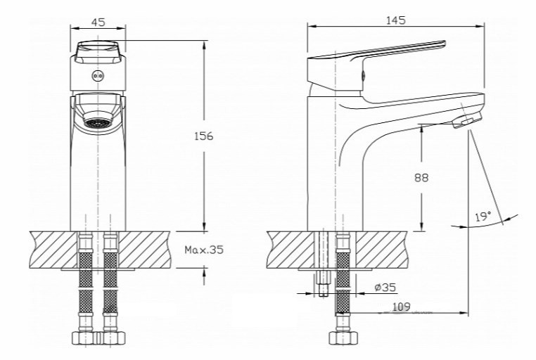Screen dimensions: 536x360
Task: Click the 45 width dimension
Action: coord(98,22)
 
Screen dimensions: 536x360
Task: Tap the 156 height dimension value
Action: coord(203,136)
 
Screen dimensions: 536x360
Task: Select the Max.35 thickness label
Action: coord(204,250)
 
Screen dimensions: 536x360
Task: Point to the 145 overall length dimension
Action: coord(396,20)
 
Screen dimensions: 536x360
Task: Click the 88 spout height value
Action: coord(421,178)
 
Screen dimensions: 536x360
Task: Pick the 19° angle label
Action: coord(483,217)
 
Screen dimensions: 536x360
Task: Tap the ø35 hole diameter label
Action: coord(385,288)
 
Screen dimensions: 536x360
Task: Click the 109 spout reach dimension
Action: coord(402,307)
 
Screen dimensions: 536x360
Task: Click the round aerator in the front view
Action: coord(98,122)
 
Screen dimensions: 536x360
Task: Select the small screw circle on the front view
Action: coord(98,75)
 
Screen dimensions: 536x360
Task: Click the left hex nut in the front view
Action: coord(82,337)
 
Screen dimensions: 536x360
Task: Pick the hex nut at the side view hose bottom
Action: coord(341,337)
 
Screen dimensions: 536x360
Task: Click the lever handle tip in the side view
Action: coord(443,43)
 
